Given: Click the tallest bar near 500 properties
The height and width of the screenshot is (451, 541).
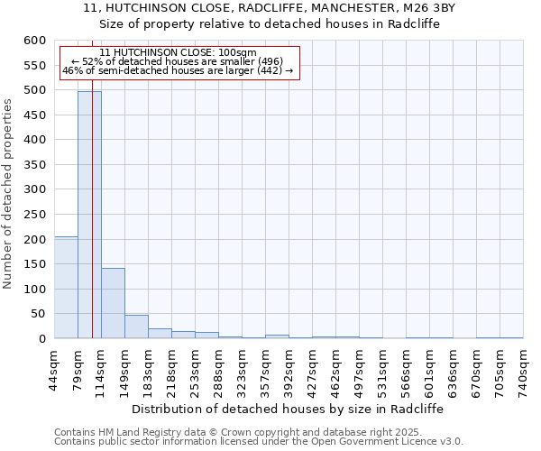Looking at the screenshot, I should pyautogui.click(x=89, y=216).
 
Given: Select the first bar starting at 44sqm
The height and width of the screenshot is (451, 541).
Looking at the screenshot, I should pyautogui.click(x=66, y=289).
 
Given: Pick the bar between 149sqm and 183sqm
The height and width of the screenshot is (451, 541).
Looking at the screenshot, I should pyautogui.click(x=136, y=327).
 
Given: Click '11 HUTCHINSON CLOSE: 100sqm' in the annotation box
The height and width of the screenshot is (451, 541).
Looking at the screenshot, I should pyautogui.click(x=178, y=52).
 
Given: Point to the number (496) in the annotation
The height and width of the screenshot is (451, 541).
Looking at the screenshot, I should pyautogui.click(x=270, y=61).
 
